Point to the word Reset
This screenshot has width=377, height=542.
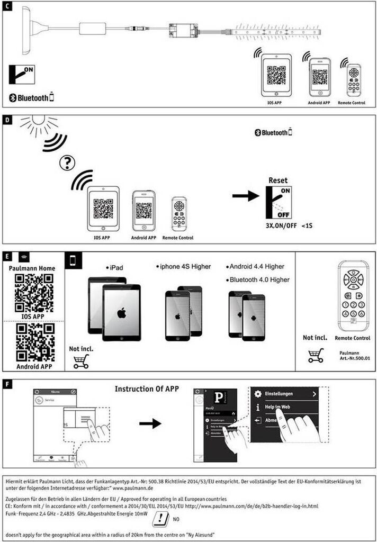(278, 180)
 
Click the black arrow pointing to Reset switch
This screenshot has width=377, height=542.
(246, 196)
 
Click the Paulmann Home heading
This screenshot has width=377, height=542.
(33, 268)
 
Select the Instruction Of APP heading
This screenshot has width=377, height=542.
(147, 389)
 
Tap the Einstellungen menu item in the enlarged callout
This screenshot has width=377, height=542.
(286, 394)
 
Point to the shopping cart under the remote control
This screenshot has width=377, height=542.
(315, 355)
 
